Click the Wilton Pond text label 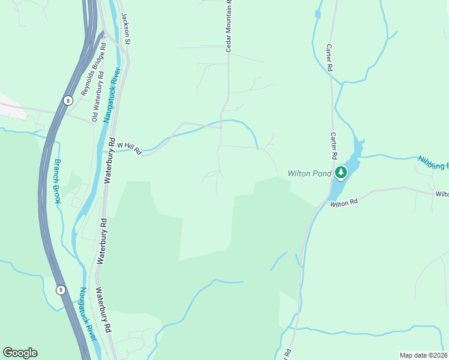[309, 173]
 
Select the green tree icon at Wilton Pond [341, 173]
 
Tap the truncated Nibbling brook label [433, 163]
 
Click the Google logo [20, 353]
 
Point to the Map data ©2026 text [423, 355]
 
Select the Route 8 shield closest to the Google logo [60, 290]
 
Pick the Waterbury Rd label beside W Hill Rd [109, 172]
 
